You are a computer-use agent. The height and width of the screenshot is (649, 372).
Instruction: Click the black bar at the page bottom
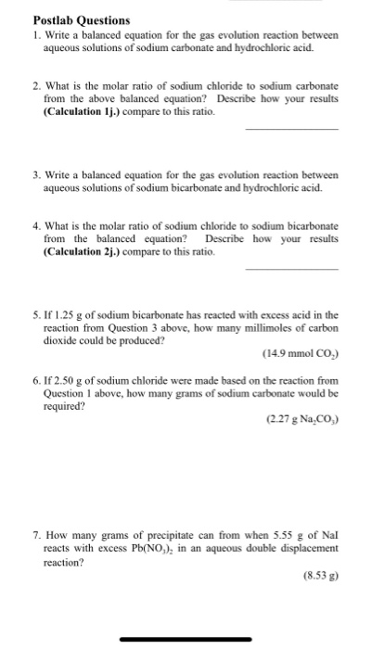click(x=186, y=638)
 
